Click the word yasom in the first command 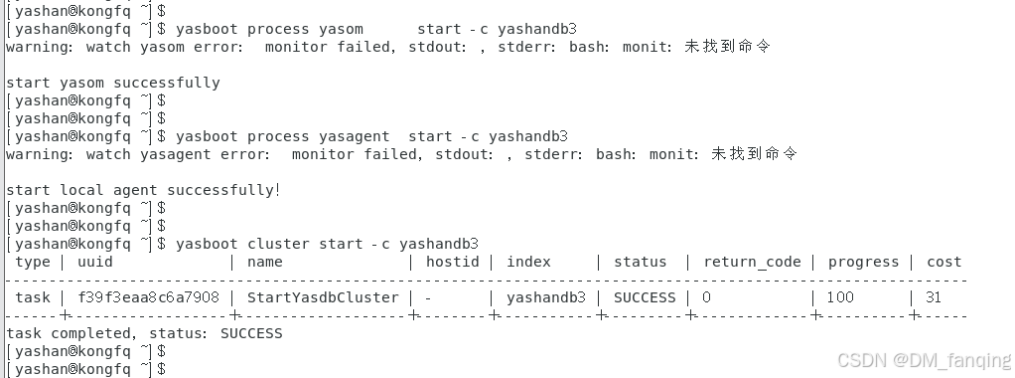pyautogui.click(x=341, y=29)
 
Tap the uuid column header pyautogui.click(x=94, y=262)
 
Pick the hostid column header pyautogui.click(x=452, y=262)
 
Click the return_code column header pyautogui.click(x=752, y=262)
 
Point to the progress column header pyautogui.click(x=863, y=262)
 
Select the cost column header pyautogui.click(x=943, y=262)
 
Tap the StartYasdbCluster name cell pyautogui.click(x=323, y=297)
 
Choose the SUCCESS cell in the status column pyautogui.click(x=645, y=297)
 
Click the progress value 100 pyautogui.click(x=840, y=297)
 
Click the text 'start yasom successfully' pyautogui.click(x=113, y=83)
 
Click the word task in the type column pyautogui.click(x=33, y=297)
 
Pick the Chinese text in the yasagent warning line pyautogui.click(x=755, y=154)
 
